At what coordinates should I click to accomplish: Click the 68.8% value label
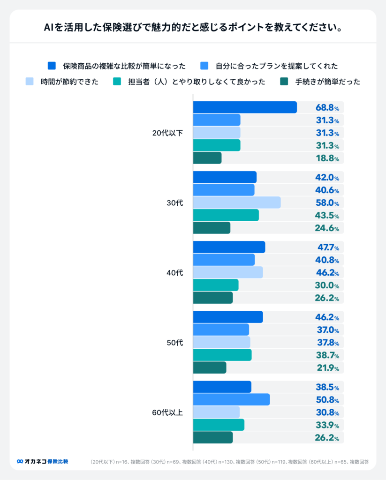[x=327, y=107]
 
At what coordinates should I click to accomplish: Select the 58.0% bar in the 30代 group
[x=237, y=202]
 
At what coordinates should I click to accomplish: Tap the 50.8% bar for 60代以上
[x=231, y=399]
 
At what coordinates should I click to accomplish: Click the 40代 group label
[x=174, y=273]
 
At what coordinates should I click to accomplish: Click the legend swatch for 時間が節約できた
[x=30, y=82]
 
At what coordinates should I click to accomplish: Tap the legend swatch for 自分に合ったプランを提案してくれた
[x=204, y=66]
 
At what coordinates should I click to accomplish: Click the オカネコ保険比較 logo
[x=43, y=461]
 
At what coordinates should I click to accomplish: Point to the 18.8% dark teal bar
[x=207, y=158]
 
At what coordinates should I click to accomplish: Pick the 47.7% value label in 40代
[x=327, y=247]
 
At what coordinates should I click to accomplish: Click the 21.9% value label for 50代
[x=327, y=368]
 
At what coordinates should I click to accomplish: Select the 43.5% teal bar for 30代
[x=226, y=215]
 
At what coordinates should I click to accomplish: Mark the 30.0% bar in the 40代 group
[x=216, y=285]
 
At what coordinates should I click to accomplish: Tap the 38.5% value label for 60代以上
[x=327, y=387]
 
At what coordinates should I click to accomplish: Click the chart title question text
[x=193, y=27]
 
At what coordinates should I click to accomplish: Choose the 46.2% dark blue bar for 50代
[x=228, y=317]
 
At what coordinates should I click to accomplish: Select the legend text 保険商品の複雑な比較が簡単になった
[x=124, y=66]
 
